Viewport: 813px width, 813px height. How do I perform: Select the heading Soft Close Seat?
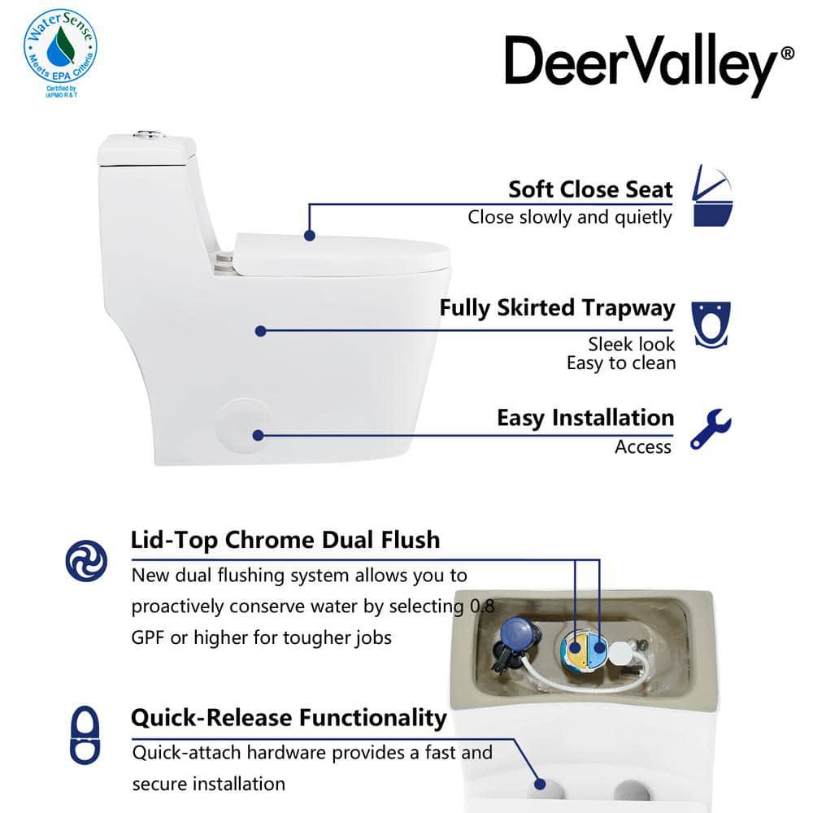coord(590,189)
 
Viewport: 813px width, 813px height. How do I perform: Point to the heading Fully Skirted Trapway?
coord(557,308)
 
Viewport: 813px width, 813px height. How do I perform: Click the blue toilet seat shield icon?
coord(710,324)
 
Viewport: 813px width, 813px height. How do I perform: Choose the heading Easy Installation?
coord(585,418)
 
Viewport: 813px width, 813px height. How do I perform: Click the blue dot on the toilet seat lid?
coord(309,235)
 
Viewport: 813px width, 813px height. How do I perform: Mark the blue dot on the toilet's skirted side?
coord(260,331)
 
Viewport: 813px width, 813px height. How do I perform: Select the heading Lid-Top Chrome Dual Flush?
coord(285,540)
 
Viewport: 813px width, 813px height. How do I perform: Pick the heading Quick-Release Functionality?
coord(289,718)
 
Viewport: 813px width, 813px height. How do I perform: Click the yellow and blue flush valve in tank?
coord(585,651)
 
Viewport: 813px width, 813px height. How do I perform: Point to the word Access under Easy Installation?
coord(643,446)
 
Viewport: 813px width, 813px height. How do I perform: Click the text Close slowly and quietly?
coord(570,217)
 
